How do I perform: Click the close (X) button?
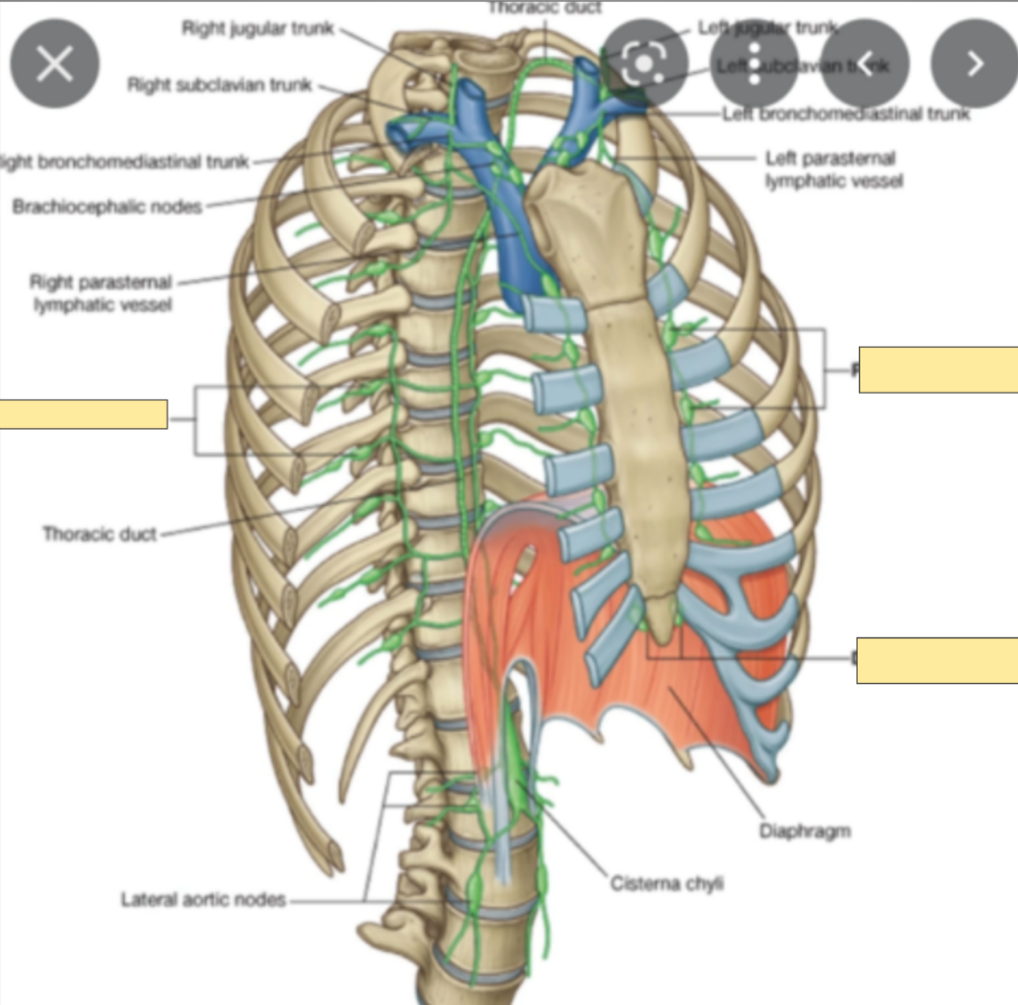[55, 64]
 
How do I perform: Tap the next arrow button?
[974, 63]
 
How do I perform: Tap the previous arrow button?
[864, 63]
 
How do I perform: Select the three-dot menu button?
[755, 63]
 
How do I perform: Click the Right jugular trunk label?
[258, 28]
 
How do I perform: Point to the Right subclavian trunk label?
[221, 86]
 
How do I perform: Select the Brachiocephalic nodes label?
[107, 207]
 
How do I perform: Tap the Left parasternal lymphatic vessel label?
[834, 170]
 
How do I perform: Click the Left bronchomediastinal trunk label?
[846, 114]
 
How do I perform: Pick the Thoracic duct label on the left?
[100, 534]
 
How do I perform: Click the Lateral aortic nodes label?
[203, 900]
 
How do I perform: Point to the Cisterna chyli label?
[666, 883]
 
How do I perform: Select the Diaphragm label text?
[805, 831]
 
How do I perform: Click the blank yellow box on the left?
[84, 414]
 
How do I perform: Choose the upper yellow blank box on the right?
[937, 369]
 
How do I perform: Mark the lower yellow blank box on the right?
[936, 661]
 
